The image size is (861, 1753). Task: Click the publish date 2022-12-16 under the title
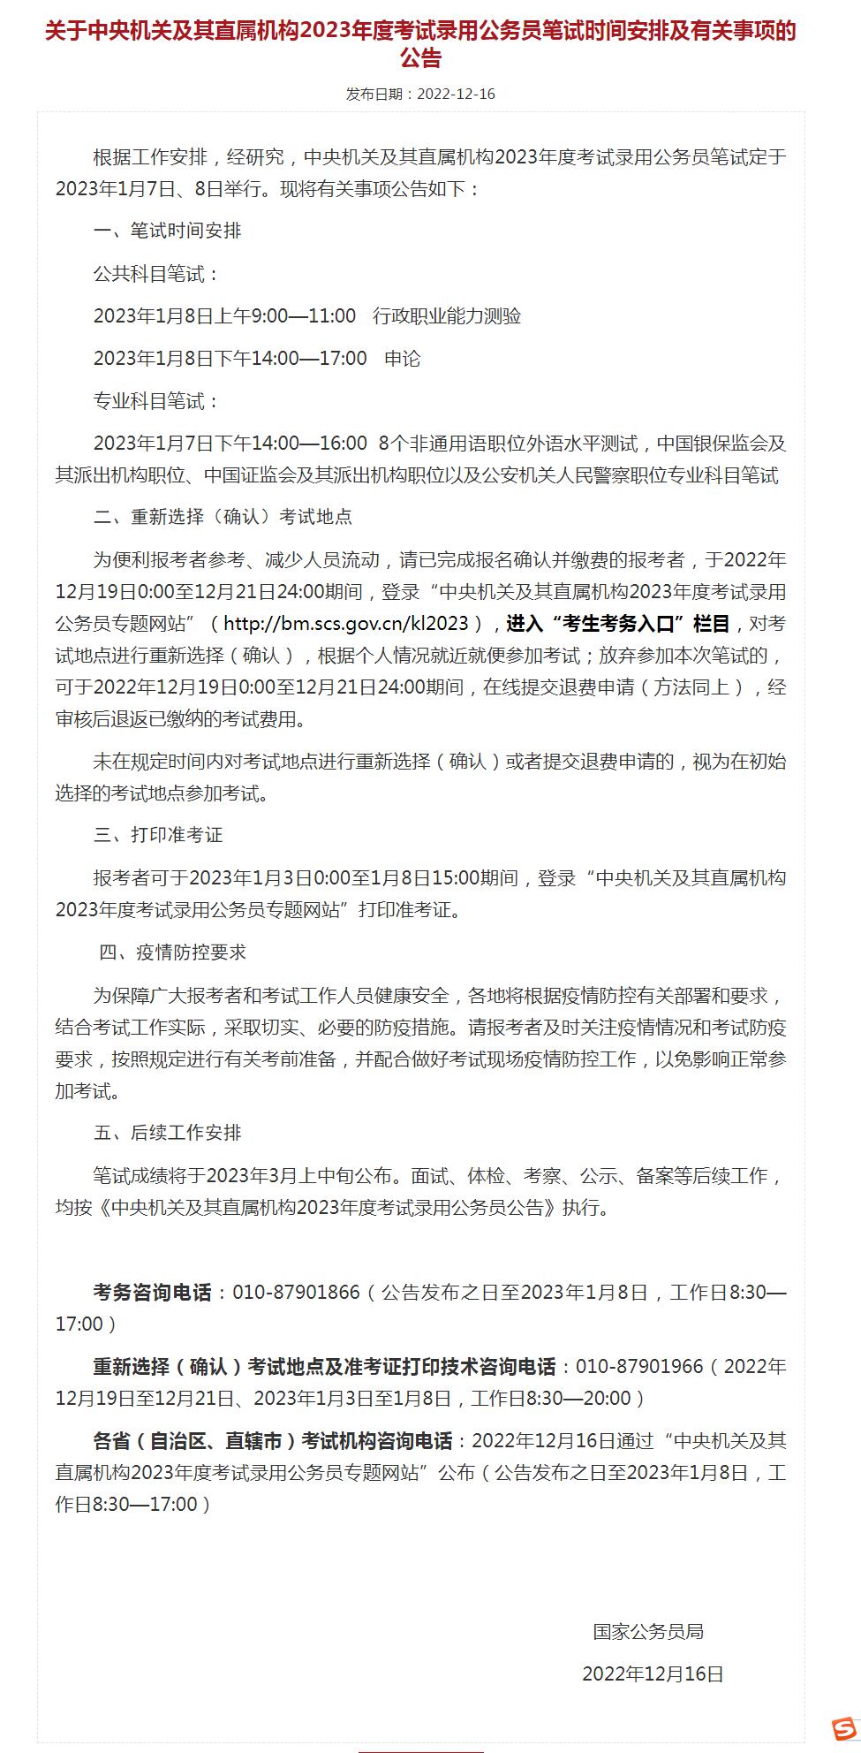click(455, 94)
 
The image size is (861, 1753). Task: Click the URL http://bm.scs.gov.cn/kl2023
click(345, 624)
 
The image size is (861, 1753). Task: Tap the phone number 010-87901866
click(296, 1293)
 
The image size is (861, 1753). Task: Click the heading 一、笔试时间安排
click(167, 231)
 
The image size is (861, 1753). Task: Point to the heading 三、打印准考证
click(158, 835)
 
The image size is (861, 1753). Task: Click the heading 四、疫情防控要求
click(172, 952)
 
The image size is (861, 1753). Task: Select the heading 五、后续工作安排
click(167, 1133)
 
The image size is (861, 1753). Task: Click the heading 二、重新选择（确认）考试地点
click(223, 517)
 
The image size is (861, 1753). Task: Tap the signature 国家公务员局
click(648, 1632)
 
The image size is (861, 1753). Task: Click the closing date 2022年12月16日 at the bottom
click(653, 1673)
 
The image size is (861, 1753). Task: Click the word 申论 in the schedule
click(403, 359)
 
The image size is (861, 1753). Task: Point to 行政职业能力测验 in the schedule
click(447, 316)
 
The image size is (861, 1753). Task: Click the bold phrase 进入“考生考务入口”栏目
click(618, 624)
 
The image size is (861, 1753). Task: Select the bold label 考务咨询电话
click(152, 1293)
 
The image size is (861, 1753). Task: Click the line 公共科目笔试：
click(156, 274)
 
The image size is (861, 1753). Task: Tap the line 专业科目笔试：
click(156, 401)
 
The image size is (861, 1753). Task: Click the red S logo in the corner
click(844, 1726)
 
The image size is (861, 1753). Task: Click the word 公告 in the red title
click(420, 59)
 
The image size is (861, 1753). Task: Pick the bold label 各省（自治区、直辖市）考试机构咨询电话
click(272, 1441)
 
